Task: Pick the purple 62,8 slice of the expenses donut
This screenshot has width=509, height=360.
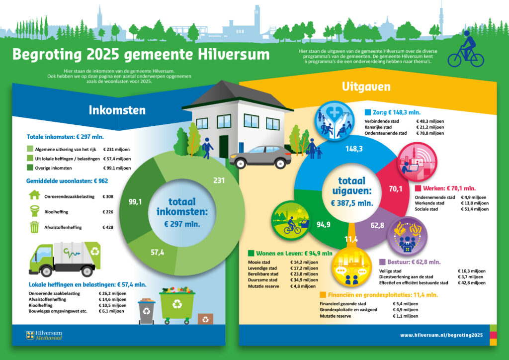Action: click(377, 227)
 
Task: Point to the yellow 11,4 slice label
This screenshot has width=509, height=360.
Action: click(351, 239)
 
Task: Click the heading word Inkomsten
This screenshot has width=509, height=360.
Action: click(117, 110)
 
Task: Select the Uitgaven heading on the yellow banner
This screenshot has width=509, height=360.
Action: click(366, 87)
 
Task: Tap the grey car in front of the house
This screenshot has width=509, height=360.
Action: click(260, 157)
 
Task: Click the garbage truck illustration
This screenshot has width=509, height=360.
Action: click(65, 259)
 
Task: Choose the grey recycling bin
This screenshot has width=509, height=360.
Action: click(147, 311)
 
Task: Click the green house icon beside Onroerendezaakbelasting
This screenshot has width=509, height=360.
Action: click(34, 195)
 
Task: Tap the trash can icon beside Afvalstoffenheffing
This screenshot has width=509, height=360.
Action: click(34, 227)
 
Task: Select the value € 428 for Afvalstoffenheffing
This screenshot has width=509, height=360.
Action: click(108, 227)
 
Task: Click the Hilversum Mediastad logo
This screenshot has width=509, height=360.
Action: click(44, 335)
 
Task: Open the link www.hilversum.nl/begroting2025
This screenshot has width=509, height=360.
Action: click(441, 335)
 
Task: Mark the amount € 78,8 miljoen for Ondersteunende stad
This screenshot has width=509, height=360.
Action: click(430, 133)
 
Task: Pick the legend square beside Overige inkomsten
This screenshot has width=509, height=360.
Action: click(30, 168)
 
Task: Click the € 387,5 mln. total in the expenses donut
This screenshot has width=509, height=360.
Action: click(352, 203)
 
